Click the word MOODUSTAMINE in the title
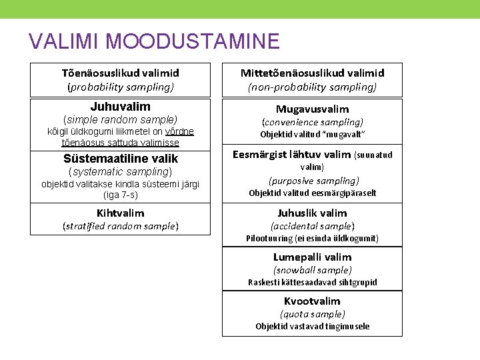click(192, 41)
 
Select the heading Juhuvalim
click(120, 107)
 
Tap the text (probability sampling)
click(120, 87)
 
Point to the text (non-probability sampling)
click(312, 87)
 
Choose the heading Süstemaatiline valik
click(120, 159)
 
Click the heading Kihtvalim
click(120, 213)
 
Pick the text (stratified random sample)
click(120, 226)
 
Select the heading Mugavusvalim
click(312, 109)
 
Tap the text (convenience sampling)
click(312, 122)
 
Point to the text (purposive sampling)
click(312, 181)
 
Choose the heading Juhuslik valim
click(312, 213)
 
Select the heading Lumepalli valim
click(312, 257)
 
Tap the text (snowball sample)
click(312, 270)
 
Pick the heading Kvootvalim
click(312, 301)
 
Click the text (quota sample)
click(312, 314)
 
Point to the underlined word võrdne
click(177, 131)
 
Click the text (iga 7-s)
click(120, 195)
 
